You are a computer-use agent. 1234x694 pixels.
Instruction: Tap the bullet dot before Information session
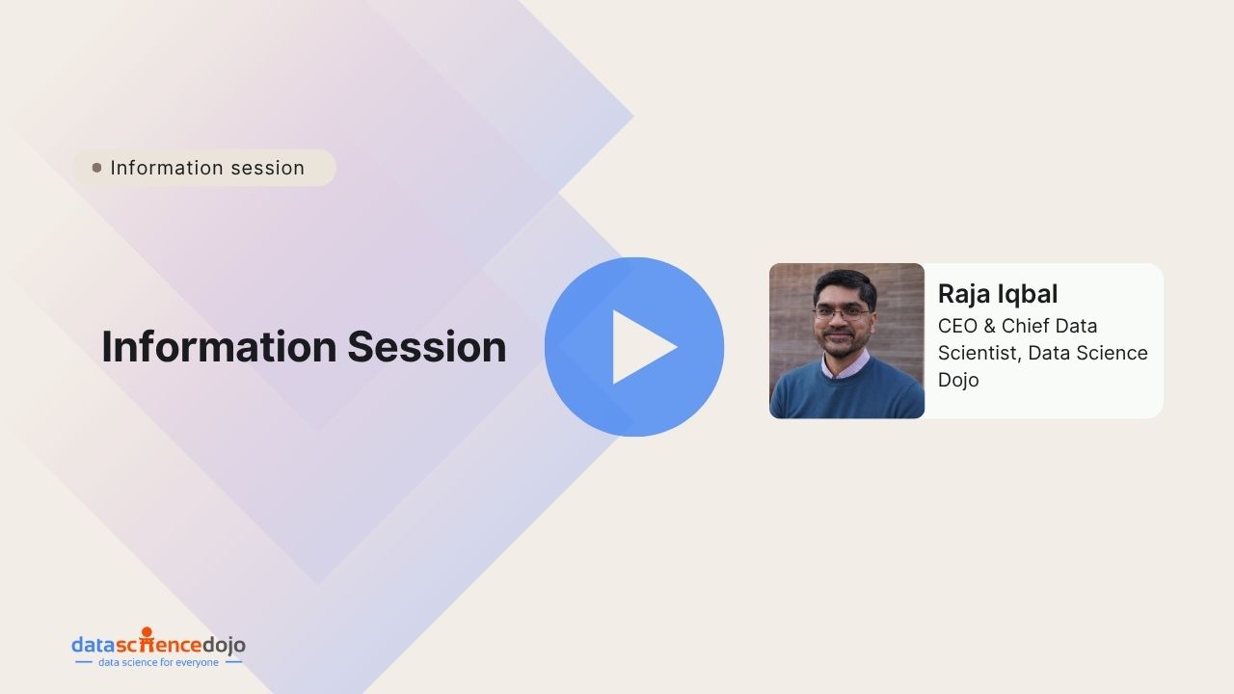click(x=97, y=168)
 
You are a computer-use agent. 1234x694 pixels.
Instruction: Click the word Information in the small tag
click(x=165, y=168)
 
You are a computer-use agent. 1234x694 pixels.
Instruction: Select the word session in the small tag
click(x=268, y=169)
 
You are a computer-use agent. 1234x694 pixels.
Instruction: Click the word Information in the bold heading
click(x=219, y=347)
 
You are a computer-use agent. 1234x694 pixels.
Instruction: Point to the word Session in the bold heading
click(x=427, y=347)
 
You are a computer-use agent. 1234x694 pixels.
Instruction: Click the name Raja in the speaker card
click(x=964, y=295)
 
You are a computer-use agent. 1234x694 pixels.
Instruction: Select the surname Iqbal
click(x=1028, y=295)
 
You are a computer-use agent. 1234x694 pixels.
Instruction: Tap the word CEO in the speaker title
click(x=957, y=326)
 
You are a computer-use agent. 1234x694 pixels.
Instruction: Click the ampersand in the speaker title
click(x=989, y=326)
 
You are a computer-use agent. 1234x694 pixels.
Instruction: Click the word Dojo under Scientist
click(x=958, y=380)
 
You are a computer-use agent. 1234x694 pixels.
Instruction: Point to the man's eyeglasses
click(x=842, y=314)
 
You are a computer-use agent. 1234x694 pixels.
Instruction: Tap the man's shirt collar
click(x=845, y=366)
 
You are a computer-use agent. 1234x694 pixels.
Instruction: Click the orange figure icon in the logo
click(x=147, y=639)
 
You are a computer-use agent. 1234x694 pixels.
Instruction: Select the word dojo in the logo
click(x=225, y=645)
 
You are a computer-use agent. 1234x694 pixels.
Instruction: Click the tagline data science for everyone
click(x=158, y=662)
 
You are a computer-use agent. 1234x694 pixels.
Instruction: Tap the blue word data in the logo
click(x=94, y=645)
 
